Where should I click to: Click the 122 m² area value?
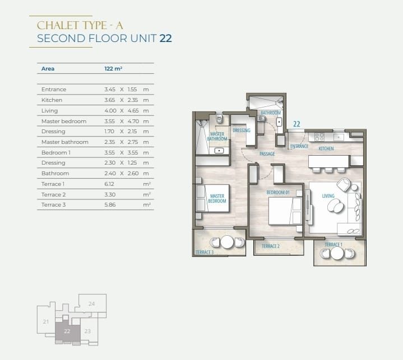point(113,68)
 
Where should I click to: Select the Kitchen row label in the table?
point(52,100)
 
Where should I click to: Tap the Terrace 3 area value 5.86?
point(110,205)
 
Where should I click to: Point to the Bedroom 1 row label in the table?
point(56,152)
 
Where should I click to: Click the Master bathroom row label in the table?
point(65,142)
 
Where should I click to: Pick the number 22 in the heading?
point(165,38)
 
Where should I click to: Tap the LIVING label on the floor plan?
point(328,196)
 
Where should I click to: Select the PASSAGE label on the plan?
point(267,154)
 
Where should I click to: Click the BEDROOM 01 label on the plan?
point(278,193)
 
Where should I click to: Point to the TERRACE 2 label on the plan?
point(270,246)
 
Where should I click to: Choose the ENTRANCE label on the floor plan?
point(299,146)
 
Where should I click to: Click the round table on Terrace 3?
point(227,242)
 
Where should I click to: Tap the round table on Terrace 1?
point(337,253)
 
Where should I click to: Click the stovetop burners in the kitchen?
point(319,137)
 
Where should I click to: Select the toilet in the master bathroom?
point(219,118)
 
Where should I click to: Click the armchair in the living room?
point(344,185)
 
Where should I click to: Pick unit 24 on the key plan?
point(92,303)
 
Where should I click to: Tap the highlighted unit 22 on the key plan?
point(68,332)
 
